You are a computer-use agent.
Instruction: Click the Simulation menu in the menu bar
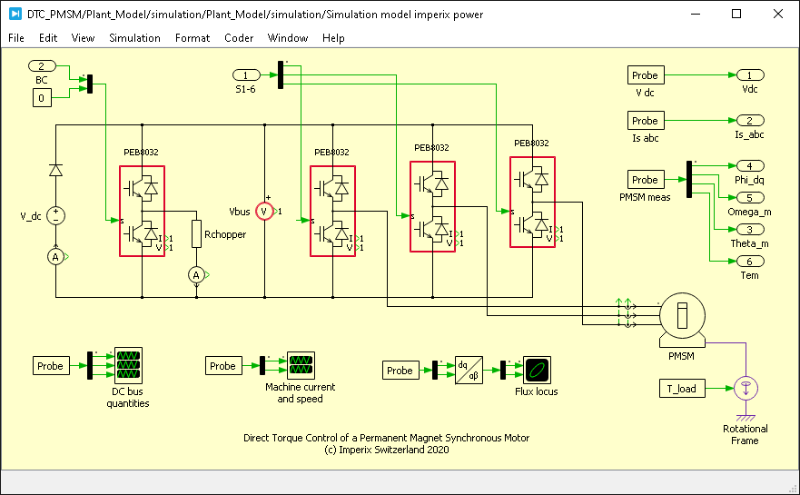134,38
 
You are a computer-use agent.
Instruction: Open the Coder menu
239,38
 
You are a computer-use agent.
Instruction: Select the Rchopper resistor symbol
196,234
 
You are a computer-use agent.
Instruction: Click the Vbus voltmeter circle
264,211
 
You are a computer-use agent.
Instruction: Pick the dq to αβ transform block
469,370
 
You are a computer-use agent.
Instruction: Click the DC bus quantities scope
128,365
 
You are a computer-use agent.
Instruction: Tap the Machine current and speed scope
300,365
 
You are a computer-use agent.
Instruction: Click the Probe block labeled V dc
645,75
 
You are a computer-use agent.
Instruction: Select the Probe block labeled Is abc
645,121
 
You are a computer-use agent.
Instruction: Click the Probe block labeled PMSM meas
645,180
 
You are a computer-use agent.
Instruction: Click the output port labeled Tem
749,262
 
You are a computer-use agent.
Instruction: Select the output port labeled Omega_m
749,198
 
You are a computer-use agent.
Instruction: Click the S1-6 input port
246,74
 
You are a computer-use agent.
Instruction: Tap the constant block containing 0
42,97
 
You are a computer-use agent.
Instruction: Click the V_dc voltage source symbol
56,214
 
